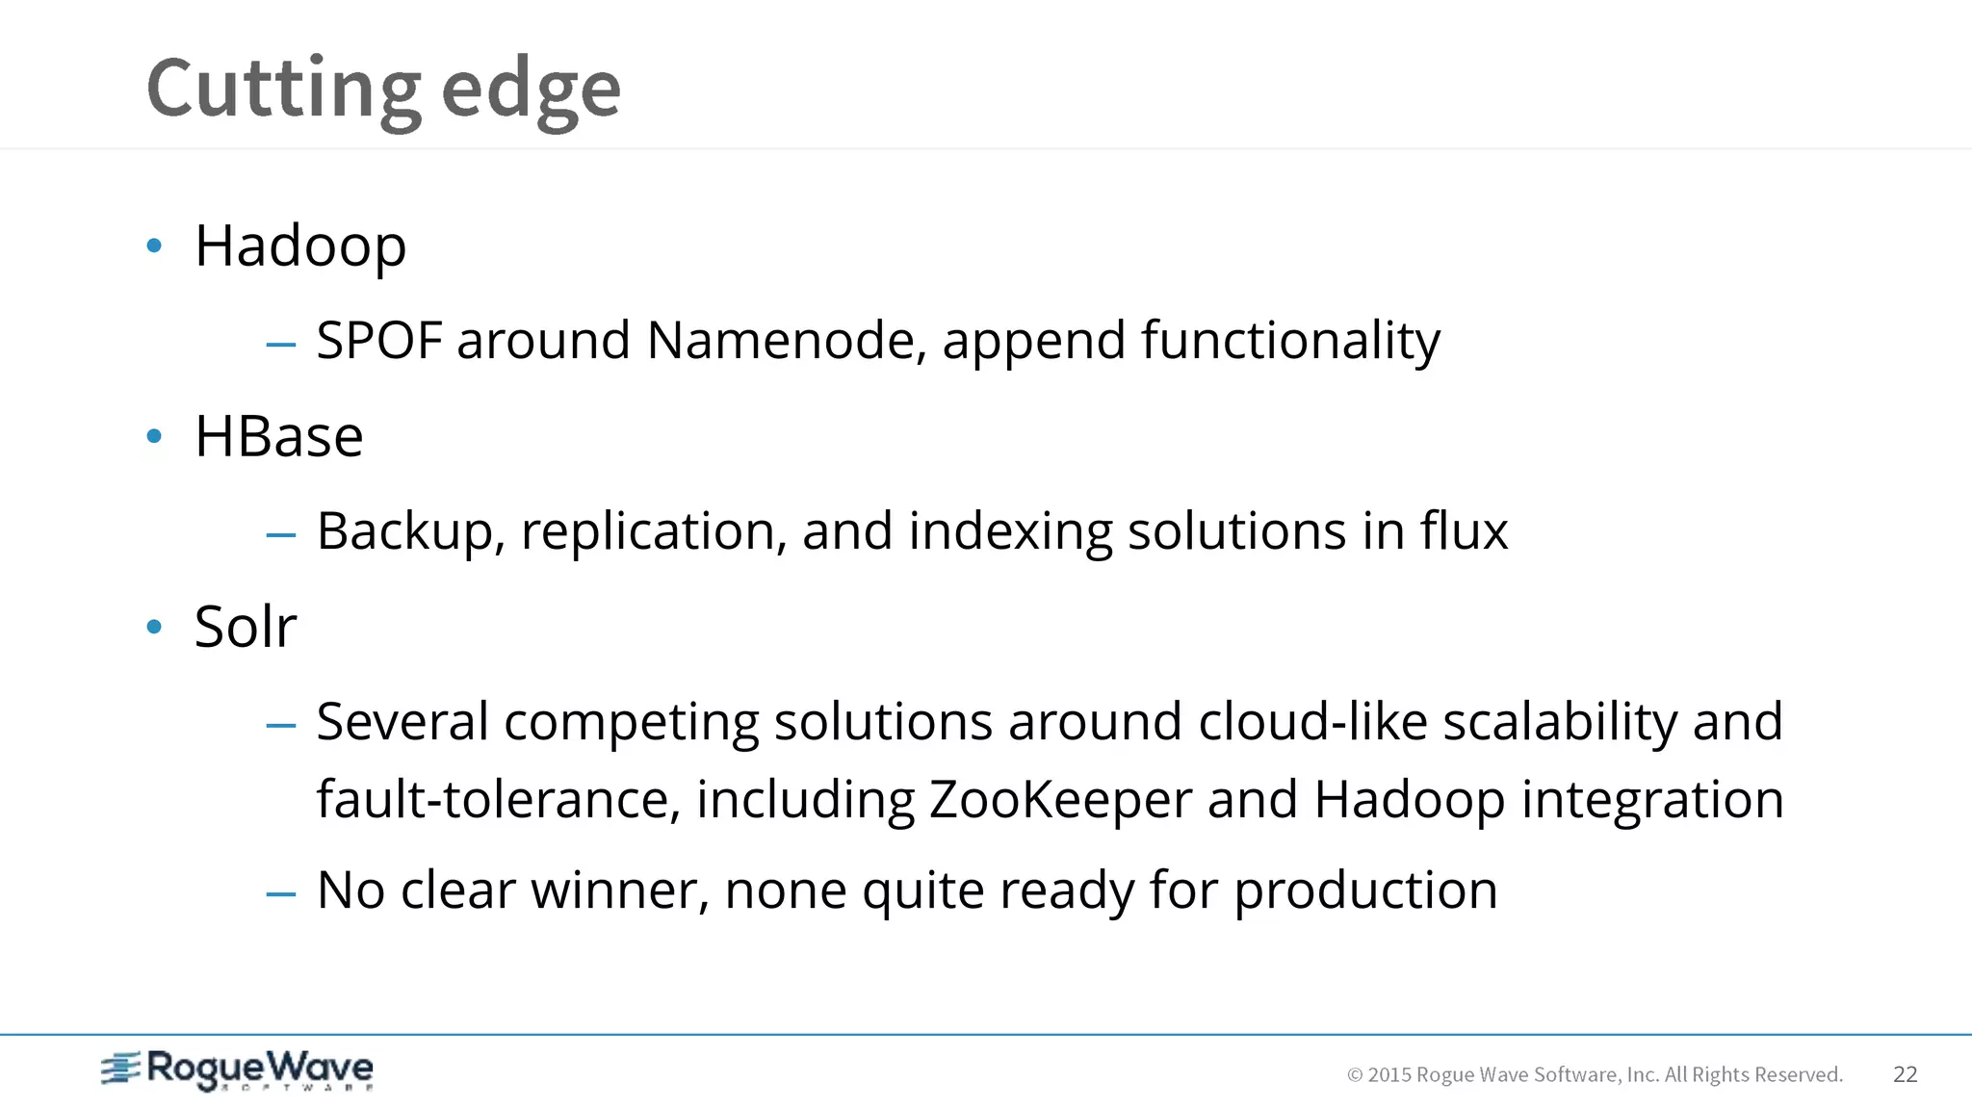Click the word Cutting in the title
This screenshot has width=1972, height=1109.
pos(283,90)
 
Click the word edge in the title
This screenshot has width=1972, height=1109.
pos(531,90)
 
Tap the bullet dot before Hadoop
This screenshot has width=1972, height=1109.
pos(154,246)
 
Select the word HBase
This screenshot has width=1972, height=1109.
pos(278,437)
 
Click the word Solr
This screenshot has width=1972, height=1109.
pos(246,627)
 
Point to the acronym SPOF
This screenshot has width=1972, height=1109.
pos(378,341)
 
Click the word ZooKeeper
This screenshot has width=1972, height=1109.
pos(1060,800)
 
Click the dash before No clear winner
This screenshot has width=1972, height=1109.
pos(280,894)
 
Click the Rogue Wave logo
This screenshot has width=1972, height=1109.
pos(237,1070)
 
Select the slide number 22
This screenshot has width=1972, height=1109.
pos(1905,1074)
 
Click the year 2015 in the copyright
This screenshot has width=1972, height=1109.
pos(1389,1075)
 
